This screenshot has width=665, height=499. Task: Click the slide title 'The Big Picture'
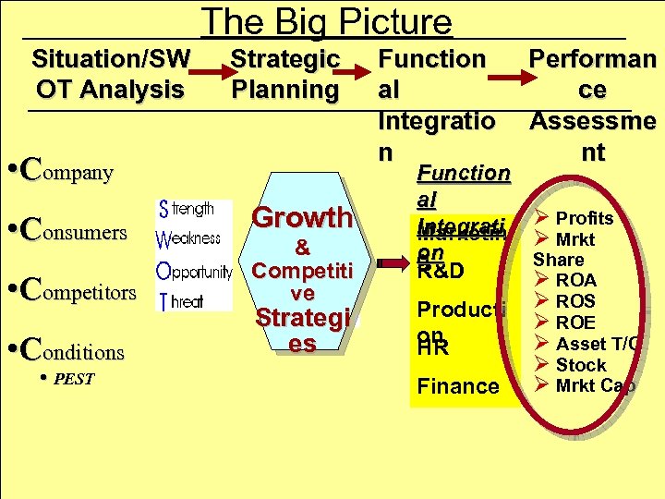327,21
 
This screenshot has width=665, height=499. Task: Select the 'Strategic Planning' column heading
284,74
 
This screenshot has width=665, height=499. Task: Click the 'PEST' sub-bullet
70,379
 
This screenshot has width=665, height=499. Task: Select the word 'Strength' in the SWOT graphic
187,210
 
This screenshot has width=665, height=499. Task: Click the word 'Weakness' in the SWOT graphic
189,238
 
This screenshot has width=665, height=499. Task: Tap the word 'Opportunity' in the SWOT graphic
195,274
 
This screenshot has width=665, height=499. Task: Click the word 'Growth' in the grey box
302,218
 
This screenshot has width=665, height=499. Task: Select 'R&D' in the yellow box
441,273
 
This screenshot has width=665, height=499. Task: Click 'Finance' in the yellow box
458,386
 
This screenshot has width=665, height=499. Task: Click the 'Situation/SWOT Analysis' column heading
110,74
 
